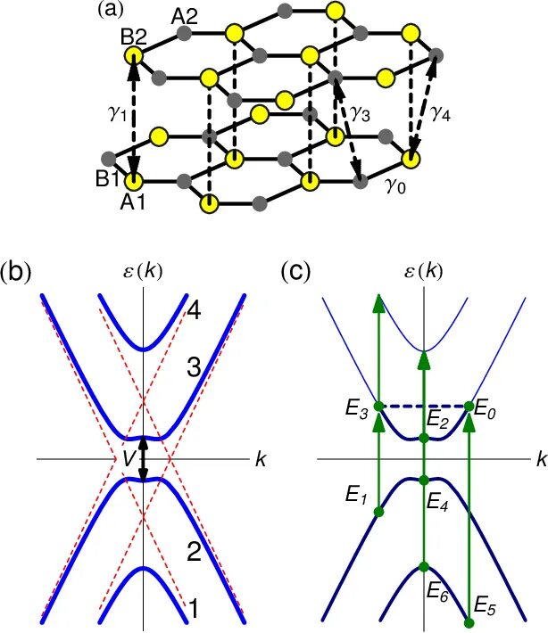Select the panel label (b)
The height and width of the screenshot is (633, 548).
(20, 272)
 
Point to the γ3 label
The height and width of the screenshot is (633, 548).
(361, 113)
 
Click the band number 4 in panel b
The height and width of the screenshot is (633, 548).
(195, 310)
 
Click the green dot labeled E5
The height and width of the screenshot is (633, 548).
(469, 621)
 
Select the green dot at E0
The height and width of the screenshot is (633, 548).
(469, 407)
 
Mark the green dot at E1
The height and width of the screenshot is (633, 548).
(378, 513)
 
